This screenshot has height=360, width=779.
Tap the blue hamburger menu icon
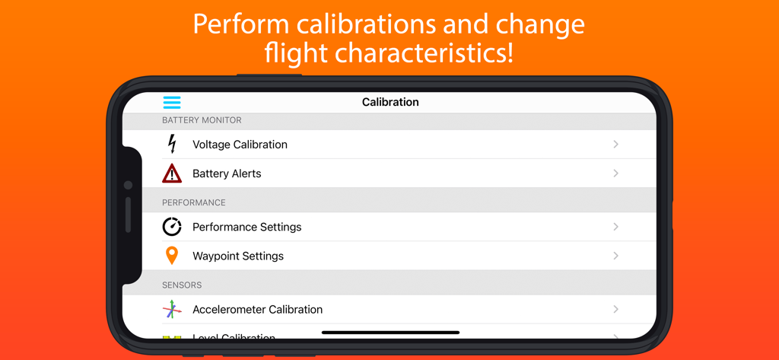172,102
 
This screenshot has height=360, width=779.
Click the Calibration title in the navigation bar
390,102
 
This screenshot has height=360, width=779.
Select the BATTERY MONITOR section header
202,120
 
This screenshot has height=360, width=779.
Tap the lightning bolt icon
172,144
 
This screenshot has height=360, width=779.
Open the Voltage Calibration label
240,145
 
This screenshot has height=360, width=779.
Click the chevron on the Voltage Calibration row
615,145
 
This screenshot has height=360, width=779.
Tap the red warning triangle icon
172,174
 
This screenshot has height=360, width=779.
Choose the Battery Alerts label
227,174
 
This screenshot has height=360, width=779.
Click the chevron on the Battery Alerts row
615,174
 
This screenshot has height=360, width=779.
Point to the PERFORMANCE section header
193,202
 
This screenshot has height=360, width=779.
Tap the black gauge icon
172,227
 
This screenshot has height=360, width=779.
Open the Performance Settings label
246,227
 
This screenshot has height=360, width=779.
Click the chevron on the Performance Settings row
615,227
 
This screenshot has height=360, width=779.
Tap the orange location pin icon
172,256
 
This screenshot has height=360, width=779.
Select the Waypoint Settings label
238,256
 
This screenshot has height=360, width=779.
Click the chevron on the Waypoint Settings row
615,256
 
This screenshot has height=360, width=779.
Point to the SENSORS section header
182,285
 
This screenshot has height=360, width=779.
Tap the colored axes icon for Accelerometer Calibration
172,309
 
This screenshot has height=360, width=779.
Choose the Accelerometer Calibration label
257,309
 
